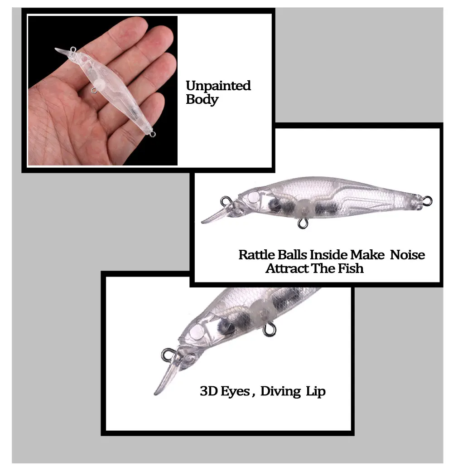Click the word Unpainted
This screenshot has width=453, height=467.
pyautogui.click(x=218, y=86)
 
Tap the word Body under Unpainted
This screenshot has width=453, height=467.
pyautogui.click(x=202, y=100)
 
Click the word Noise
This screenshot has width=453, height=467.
pyautogui.click(x=407, y=255)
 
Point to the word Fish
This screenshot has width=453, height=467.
pyautogui.click(x=351, y=268)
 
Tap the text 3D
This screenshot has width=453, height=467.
pyautogui.click(x=209, y=391)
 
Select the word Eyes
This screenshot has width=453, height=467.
pyautogui.click(x=235, y=392)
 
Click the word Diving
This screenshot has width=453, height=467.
pyautogui.click(x=281, y=392)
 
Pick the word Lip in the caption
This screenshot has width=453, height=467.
pyautogui.click(x=316, y=392)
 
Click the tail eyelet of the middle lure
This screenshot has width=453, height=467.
pyautogui.click(x=427, y=200)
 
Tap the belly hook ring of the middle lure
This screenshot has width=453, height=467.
pyautogui.click(x=303, y=224)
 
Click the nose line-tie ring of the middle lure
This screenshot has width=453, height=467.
pyautogui.click(x=226, y=201)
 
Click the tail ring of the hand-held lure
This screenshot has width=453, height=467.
pyautogui.click(x=152, y=134)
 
